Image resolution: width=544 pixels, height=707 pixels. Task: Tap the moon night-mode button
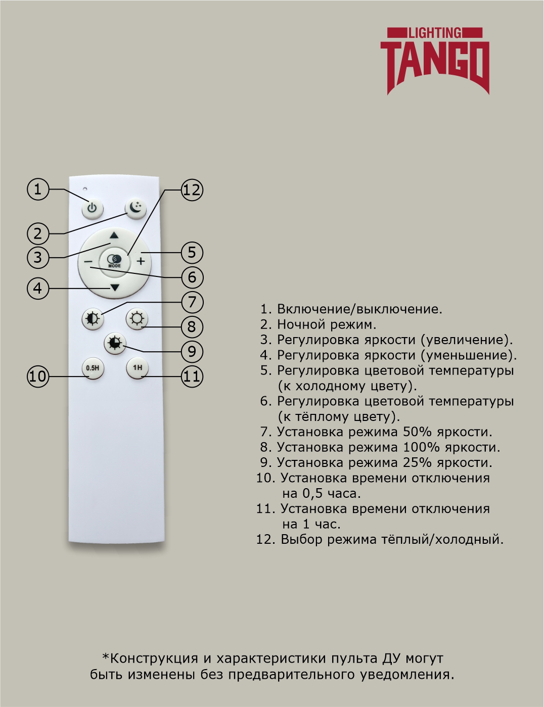[135, 207]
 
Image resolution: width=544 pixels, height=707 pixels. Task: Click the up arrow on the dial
[114, 235]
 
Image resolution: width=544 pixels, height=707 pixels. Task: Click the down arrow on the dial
[115, 288]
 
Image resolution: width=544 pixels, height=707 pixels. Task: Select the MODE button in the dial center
[114, 261]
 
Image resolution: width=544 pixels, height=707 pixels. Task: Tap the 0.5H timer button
[93, 368]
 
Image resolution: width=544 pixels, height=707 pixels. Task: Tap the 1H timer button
[137, 367]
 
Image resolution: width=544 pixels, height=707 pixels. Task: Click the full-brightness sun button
[137, 319]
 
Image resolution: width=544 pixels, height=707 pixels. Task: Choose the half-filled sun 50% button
[93, 319]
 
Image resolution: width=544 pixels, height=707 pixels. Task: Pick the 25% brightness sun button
[115, 343]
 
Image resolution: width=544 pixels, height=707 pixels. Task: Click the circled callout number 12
[192, 190]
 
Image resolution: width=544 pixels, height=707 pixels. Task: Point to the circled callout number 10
[37, 376]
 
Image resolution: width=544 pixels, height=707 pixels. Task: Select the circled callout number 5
[192, 252]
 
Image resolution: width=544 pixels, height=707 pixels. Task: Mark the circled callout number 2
[37, 233]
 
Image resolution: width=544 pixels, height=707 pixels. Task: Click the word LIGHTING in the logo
[434, 33]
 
